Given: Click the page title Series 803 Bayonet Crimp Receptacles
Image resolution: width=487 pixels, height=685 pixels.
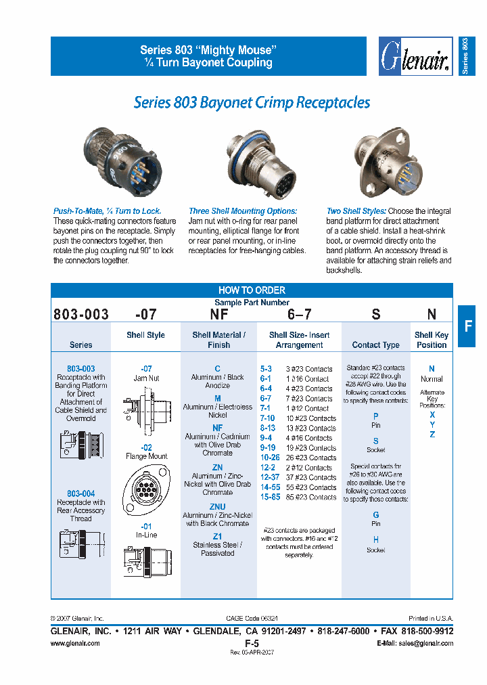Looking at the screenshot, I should point(252,103).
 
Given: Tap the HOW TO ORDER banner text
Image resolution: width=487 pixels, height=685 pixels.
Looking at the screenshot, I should point(252,290).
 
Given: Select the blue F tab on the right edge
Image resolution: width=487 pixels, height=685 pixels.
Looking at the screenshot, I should point(467,326).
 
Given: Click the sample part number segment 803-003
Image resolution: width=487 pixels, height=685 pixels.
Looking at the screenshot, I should point(80,314).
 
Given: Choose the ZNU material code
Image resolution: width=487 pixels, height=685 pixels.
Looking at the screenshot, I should point(217,507).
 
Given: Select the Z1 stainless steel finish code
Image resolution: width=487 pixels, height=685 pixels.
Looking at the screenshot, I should point(217,536).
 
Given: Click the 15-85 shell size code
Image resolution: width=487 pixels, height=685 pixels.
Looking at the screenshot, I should point(270,497).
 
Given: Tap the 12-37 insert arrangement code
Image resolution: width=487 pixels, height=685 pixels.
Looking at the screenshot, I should point(270,477).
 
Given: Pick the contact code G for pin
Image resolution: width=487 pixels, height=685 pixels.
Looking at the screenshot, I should point(376,515).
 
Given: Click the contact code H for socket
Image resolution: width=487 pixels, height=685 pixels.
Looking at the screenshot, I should point(376,540).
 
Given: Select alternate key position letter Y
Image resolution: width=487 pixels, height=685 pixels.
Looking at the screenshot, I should point(432,424).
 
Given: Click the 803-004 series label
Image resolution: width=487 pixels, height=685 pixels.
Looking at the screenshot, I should point(80,493).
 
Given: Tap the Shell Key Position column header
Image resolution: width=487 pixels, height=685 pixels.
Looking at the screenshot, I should point(432,340).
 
